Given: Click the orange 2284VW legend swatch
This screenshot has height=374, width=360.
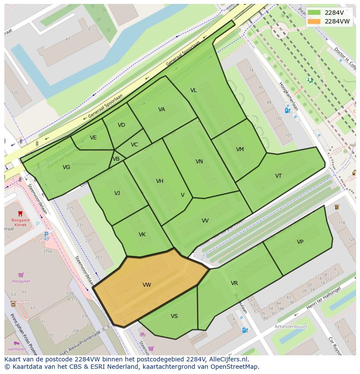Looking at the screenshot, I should tap(314, 21).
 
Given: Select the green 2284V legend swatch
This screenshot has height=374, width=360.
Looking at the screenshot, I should tap(314, 13).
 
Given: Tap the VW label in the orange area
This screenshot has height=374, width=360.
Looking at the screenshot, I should tap(147, 285).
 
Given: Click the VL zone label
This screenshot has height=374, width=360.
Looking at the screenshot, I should tap(193, 90).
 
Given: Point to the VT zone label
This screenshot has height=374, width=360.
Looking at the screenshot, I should tap(278, 176).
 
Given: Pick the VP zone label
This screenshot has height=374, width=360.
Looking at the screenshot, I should tap(300, 242).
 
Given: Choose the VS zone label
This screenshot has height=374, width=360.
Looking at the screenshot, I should tap(174, 316).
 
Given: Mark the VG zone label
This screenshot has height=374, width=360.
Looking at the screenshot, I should tap(66, 167).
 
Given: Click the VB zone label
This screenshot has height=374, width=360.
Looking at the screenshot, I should tap(116, 159).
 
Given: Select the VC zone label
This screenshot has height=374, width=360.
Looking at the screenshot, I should tap(134, 145).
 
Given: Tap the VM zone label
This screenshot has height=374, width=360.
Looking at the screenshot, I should tap(240, 149).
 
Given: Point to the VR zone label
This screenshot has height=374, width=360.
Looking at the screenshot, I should tap(234, 283).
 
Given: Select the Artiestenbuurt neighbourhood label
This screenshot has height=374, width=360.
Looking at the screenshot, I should tap(291, 326).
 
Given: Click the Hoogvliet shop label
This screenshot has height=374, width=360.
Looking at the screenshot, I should tap(21, 281).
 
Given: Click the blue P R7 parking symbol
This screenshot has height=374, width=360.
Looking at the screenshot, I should tap(46, 236).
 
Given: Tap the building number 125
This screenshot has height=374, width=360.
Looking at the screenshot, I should tap(15, 93).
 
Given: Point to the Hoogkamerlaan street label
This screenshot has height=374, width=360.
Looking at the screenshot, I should tap(289, 96).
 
